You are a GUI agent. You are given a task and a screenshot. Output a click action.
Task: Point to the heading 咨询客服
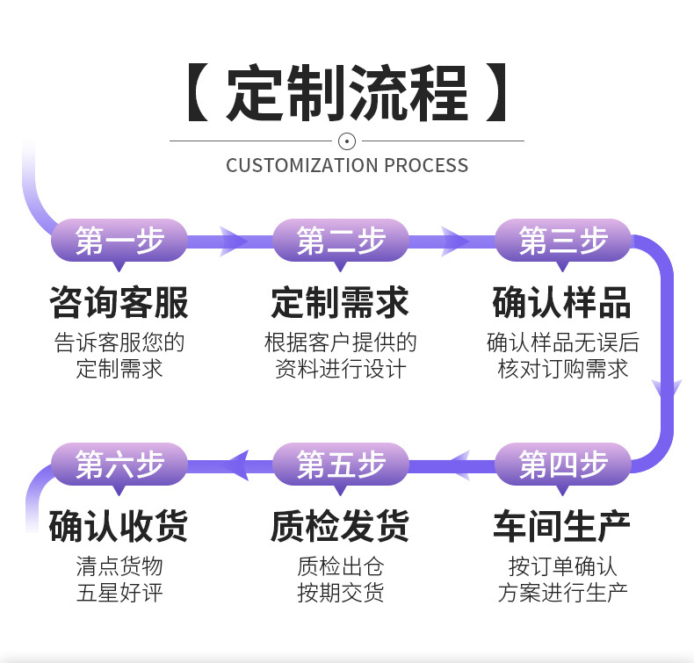pyautogui.click(x=119, y=302)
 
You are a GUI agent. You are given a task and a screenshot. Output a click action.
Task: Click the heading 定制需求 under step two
pyautogui.click(x=341, y=302)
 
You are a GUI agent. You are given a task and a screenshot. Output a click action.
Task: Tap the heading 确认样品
pyautogui.click(x=563, y=302)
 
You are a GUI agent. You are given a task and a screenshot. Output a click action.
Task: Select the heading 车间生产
pyautogui.click(x=563, y=526)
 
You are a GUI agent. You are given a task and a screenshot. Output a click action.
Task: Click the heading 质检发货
pyautogui.click(x=341, y=526)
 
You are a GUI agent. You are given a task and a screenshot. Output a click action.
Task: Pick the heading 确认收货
pyautogui.click(x=119, y=526)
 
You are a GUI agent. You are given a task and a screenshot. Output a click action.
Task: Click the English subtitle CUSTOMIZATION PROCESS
pyautogui.click(x=347, y=165)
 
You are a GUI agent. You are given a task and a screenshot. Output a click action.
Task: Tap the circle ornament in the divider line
pyautogui.click(x=347, y=141)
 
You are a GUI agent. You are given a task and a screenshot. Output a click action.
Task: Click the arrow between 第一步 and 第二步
pyautogui.click(x=234, y=240)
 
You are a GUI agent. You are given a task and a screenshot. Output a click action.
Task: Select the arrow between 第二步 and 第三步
pyautogui.click(x=455, y=240)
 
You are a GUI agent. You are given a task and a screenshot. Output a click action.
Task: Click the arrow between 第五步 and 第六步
pyautogui.click(x=234, y=463)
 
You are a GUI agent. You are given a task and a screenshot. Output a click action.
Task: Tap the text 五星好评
pyautogui.click(x=119, y=592)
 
